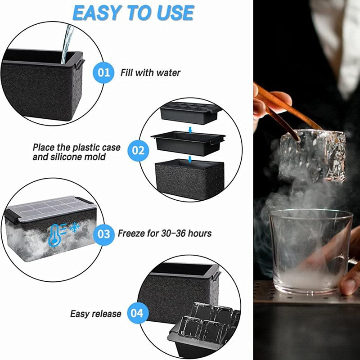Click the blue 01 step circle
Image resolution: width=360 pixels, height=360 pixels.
coord(103,72)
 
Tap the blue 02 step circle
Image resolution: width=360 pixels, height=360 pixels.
coord(138,151)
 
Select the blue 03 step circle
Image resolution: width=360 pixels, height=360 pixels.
coord(104,234)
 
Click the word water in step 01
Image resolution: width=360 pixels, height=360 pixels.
coord(168,73)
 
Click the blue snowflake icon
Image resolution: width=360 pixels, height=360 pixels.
coord(74,228)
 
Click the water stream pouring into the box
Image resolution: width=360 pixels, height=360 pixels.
coord(67,44)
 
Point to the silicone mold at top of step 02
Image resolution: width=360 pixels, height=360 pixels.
coord(190,113)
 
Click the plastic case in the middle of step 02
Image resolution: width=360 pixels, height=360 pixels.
coord(188,143)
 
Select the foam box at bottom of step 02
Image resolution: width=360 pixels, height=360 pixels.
coord(189,179)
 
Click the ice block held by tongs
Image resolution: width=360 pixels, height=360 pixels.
coord(313,155)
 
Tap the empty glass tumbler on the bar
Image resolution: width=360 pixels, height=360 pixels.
coord(310,251)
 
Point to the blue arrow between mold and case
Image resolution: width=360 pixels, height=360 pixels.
coord(190,130)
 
